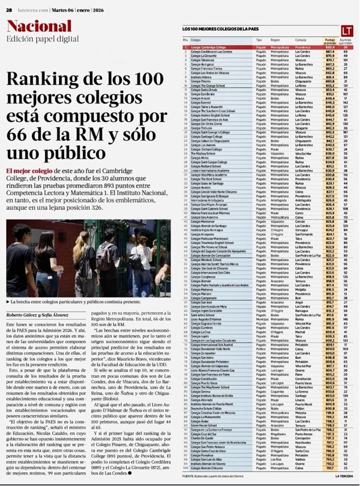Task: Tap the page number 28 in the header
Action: (10, 7)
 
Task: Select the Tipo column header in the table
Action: (259, 41)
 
